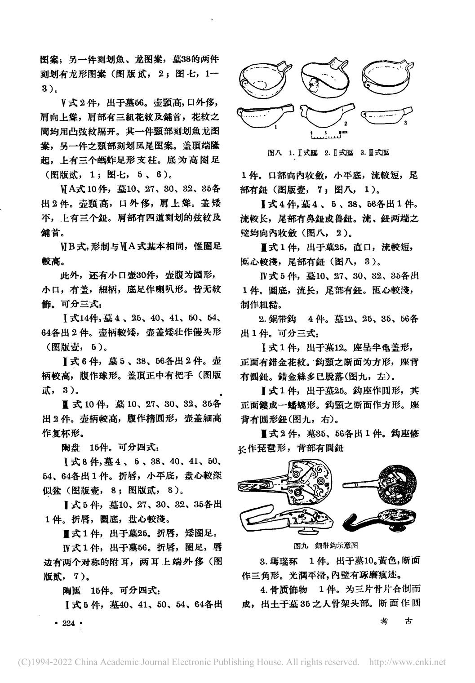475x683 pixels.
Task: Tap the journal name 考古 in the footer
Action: tap(396, 621)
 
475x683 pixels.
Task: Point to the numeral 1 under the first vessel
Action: tap(275, 128)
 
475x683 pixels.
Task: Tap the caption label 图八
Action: tap(274, 152)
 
